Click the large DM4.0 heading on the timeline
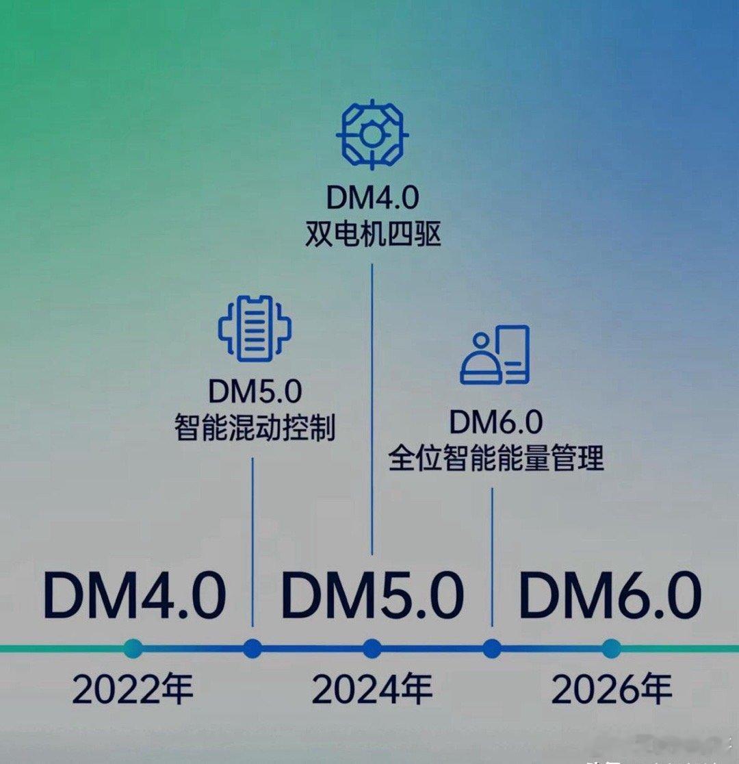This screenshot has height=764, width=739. click(134, 596)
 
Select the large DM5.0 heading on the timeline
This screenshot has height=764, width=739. click(372, 596)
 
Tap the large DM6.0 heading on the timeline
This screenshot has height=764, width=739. click(610, 596)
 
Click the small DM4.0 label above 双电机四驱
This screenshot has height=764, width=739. click(372, 199)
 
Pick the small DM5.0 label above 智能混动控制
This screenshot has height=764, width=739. click(255, 392)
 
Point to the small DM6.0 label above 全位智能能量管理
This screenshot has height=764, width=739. click(496, 422)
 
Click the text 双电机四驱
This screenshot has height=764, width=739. click(372, 235)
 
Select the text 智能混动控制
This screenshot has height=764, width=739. click(255, 429)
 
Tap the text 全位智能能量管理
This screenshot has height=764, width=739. click(496, 458)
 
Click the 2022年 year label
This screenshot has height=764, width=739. click(133, 690)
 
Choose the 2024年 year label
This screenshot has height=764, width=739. click(372, 690)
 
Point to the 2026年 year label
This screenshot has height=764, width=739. click(611, 690)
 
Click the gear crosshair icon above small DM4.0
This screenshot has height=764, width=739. click(372, 135)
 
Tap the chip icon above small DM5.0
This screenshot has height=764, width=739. click(255, 329)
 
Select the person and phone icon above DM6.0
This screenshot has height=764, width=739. click(495, 355)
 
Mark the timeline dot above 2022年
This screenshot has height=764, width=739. click(133, 648)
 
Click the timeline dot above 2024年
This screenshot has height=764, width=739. click(372, 648)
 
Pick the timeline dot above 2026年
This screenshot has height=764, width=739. click(611, 648)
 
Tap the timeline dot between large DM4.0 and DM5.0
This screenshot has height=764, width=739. click(252, 648)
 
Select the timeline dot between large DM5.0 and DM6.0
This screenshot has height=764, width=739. click(492, 648)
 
